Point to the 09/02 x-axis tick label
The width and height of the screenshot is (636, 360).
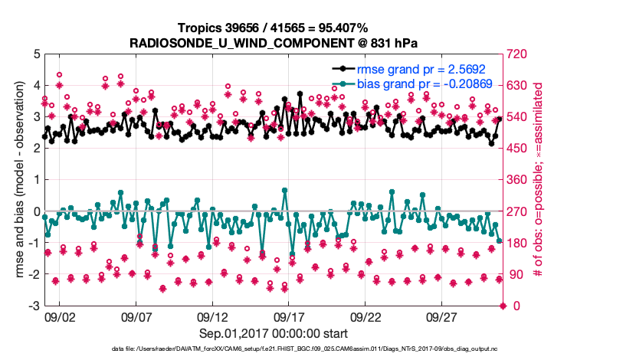60,316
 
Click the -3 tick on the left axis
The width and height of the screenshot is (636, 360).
33,306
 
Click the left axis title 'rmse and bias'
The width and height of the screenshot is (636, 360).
19,180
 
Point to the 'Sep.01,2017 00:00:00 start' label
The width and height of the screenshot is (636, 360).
273,333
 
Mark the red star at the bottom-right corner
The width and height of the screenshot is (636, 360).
503,306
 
